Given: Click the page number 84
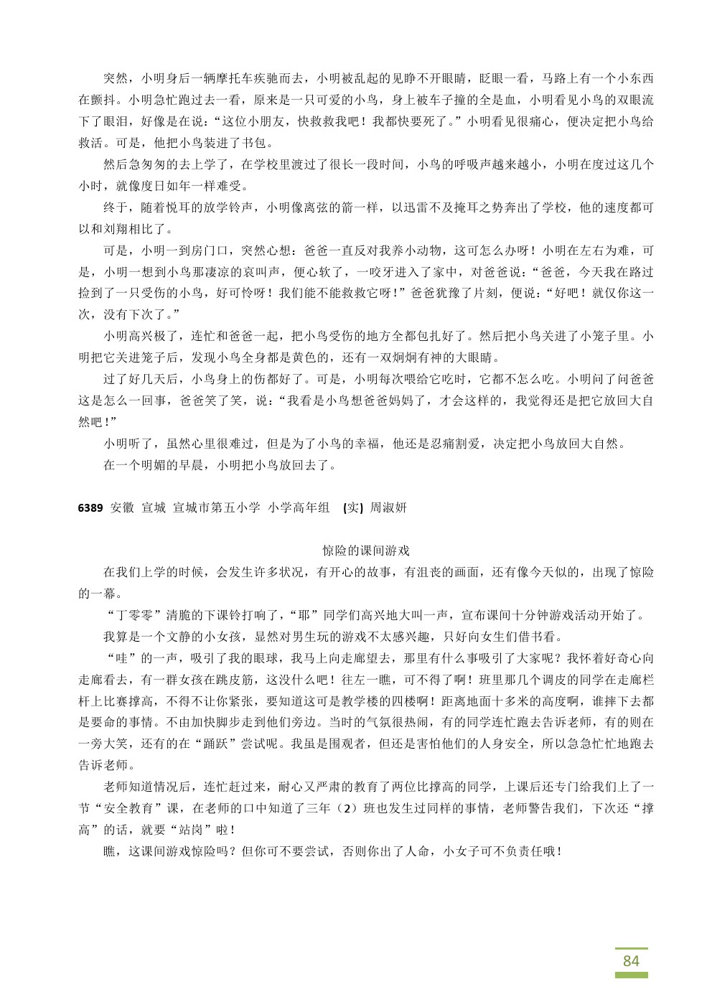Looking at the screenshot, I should point(631,960).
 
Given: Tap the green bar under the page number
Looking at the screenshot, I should point(631,975).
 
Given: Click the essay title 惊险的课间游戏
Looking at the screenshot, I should point(366,551).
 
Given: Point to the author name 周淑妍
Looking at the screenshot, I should point(388,507).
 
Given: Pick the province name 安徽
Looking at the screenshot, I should point(123,507).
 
